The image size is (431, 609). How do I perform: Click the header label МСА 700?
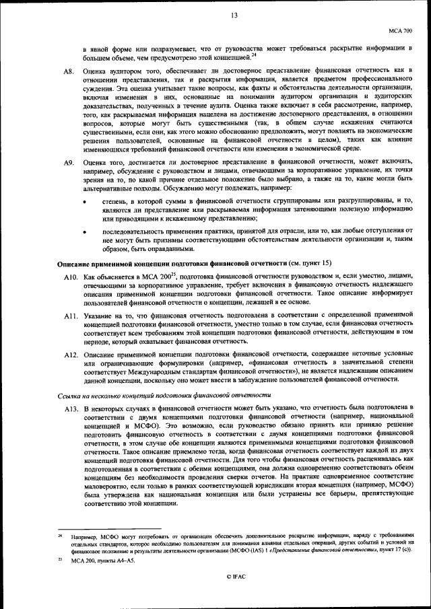401,31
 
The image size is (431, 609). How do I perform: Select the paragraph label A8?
68,70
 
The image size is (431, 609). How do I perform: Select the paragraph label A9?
68,163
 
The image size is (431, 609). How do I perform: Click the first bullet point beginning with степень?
85,201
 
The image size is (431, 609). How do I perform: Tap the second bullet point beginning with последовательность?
85,230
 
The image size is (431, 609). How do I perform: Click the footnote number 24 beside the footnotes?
60,535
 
